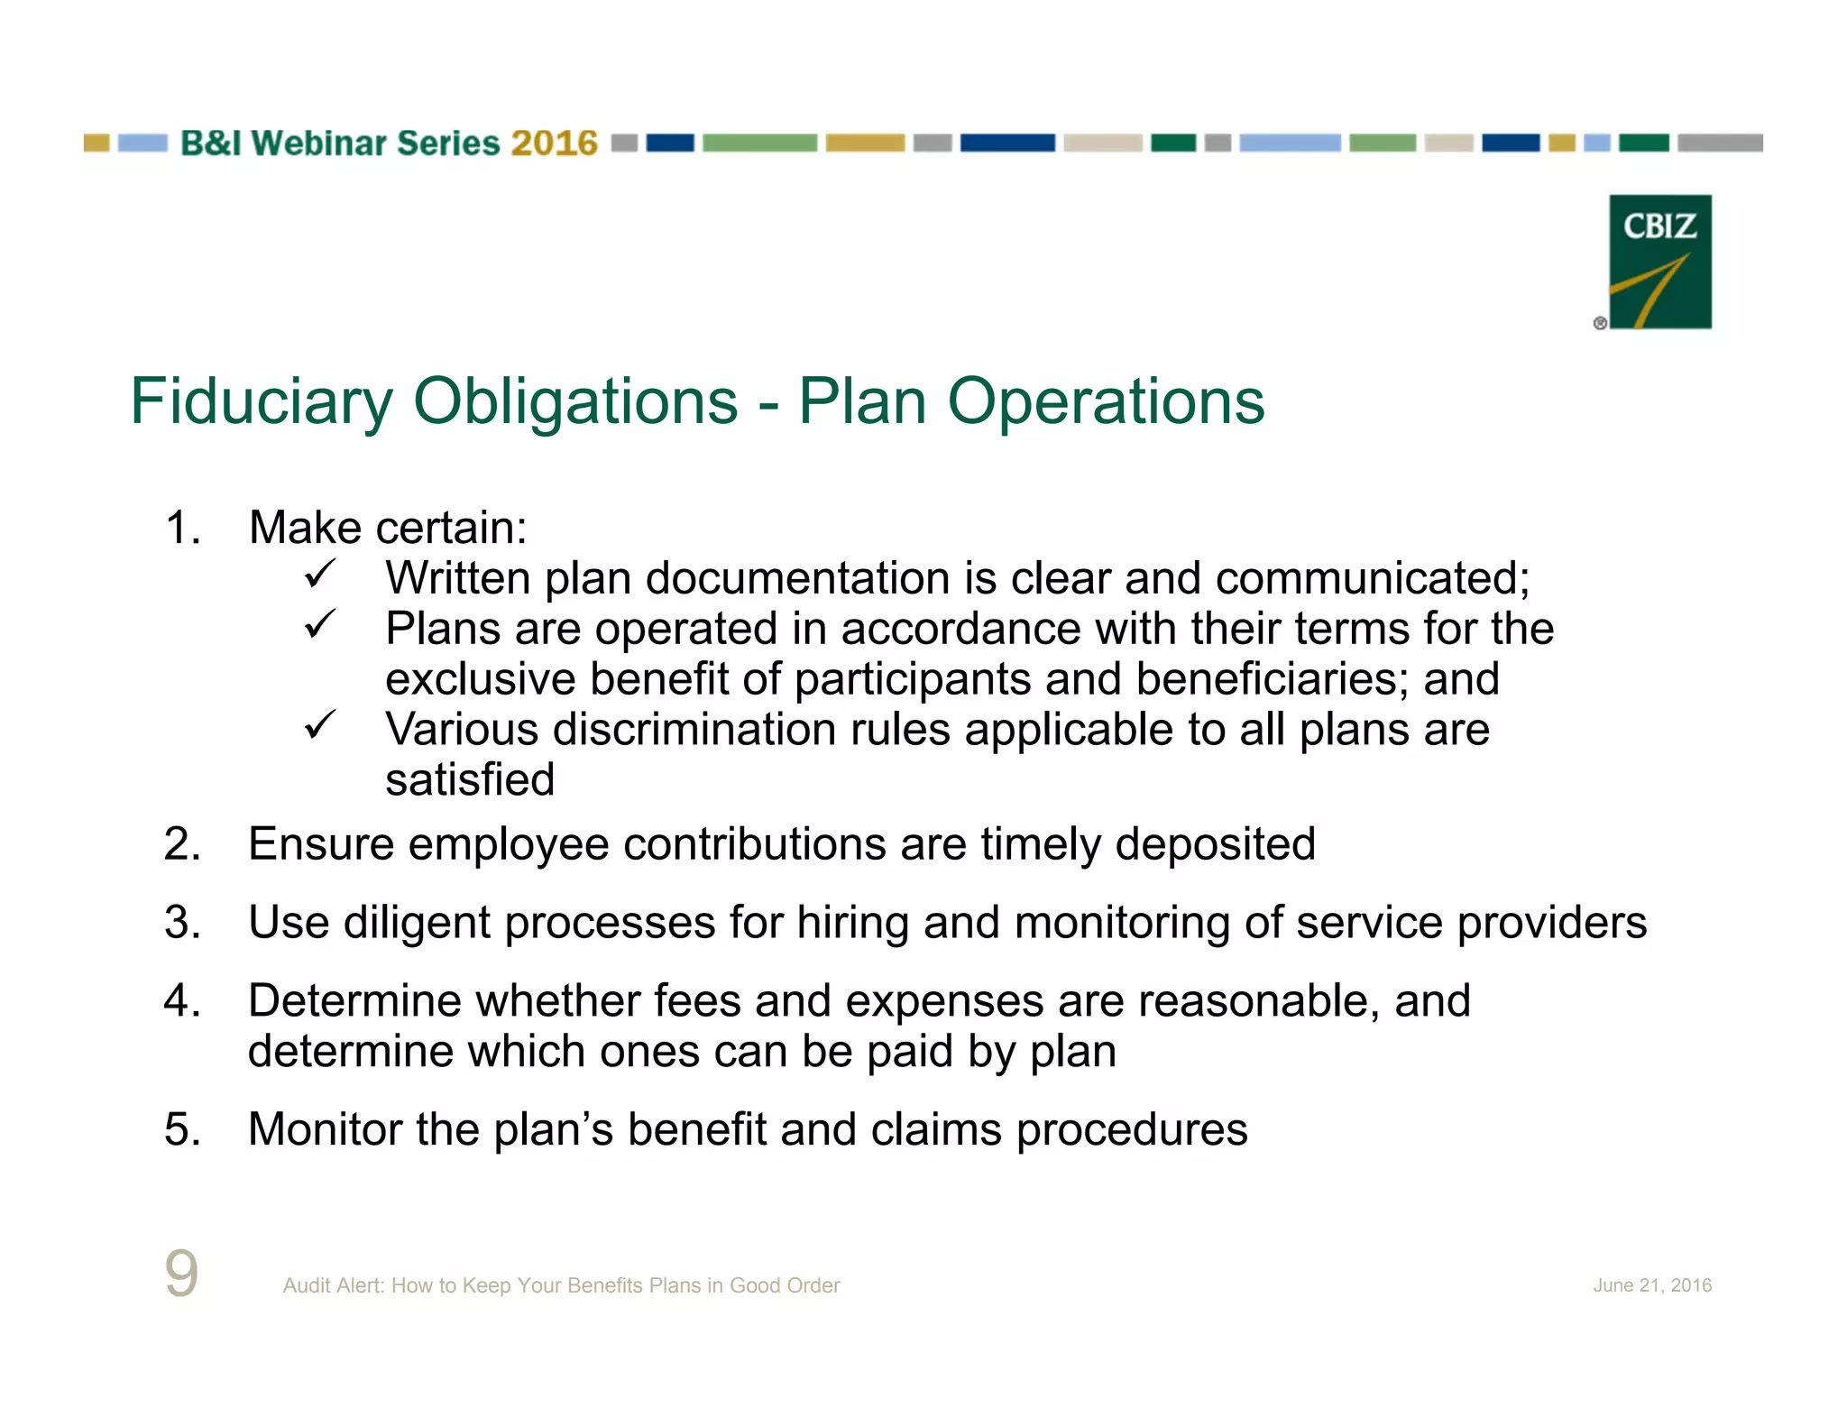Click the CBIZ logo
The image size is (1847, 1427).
click(x=1659, y=262)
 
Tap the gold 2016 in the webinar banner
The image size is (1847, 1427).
click(x=554, y=143)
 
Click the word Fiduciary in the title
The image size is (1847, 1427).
click(x=262, y=401)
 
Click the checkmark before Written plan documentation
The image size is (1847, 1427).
click(x=319, y=574)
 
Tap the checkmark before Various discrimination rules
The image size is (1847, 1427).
click(x=319, y=724)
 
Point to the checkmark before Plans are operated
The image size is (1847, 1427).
click(x=319, y=624)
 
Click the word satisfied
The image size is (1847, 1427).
click(x=469, y=780)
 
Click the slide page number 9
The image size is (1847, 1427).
click(x=181, y=1274)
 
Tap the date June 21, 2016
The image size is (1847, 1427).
click(x=1651, y=1285)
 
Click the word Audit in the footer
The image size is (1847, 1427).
click(x=307, y=1285)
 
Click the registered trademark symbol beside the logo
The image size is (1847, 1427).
click(x=1600, y=323)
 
